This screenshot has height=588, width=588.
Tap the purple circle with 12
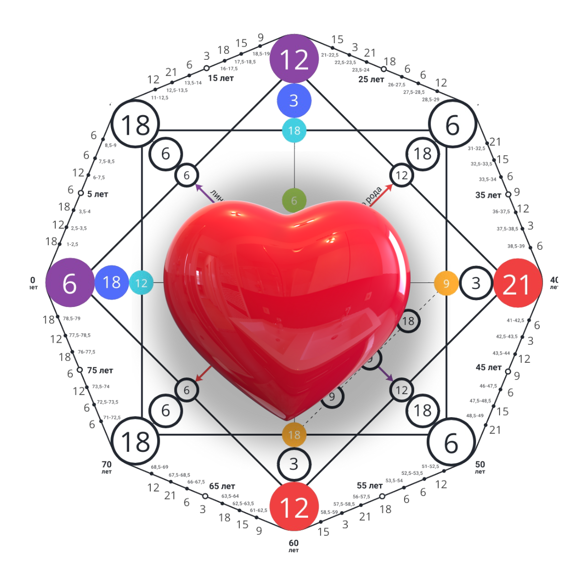point(294,59)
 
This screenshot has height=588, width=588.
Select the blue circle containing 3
point(294,101)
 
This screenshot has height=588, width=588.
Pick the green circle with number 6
point(294,201)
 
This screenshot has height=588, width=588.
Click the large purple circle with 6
point(69,283)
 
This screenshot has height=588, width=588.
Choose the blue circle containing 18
point(112,282)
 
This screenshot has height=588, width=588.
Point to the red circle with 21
point(517,283)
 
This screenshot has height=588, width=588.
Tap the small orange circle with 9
point(445,283)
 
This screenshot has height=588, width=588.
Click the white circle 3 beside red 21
point(475,283)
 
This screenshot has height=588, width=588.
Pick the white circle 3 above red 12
point(294,463)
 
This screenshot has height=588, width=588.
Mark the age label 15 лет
point(221,78)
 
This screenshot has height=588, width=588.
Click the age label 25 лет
point(371,79)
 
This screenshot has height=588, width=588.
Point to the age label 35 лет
point(488,195)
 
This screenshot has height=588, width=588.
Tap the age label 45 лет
point(488,367)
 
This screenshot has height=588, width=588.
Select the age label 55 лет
point(369,485)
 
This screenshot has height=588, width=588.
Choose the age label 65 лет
point(222,486)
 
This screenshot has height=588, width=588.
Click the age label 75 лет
point(100,370)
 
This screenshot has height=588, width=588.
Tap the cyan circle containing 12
point(141,283)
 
